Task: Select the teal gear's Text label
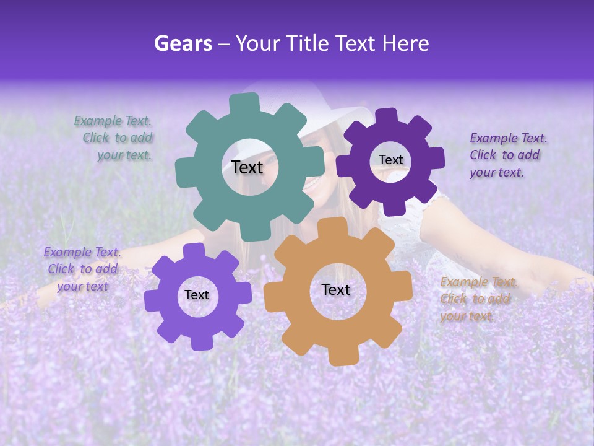click(247, 167)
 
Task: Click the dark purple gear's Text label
click(390, 160)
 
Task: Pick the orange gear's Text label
click(336, 289)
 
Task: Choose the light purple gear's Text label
click(197, 295)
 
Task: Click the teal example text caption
click(114, 138)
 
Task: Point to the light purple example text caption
click(82, 269)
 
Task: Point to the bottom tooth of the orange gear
click(342, 357)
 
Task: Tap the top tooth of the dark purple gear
click(386, 116)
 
